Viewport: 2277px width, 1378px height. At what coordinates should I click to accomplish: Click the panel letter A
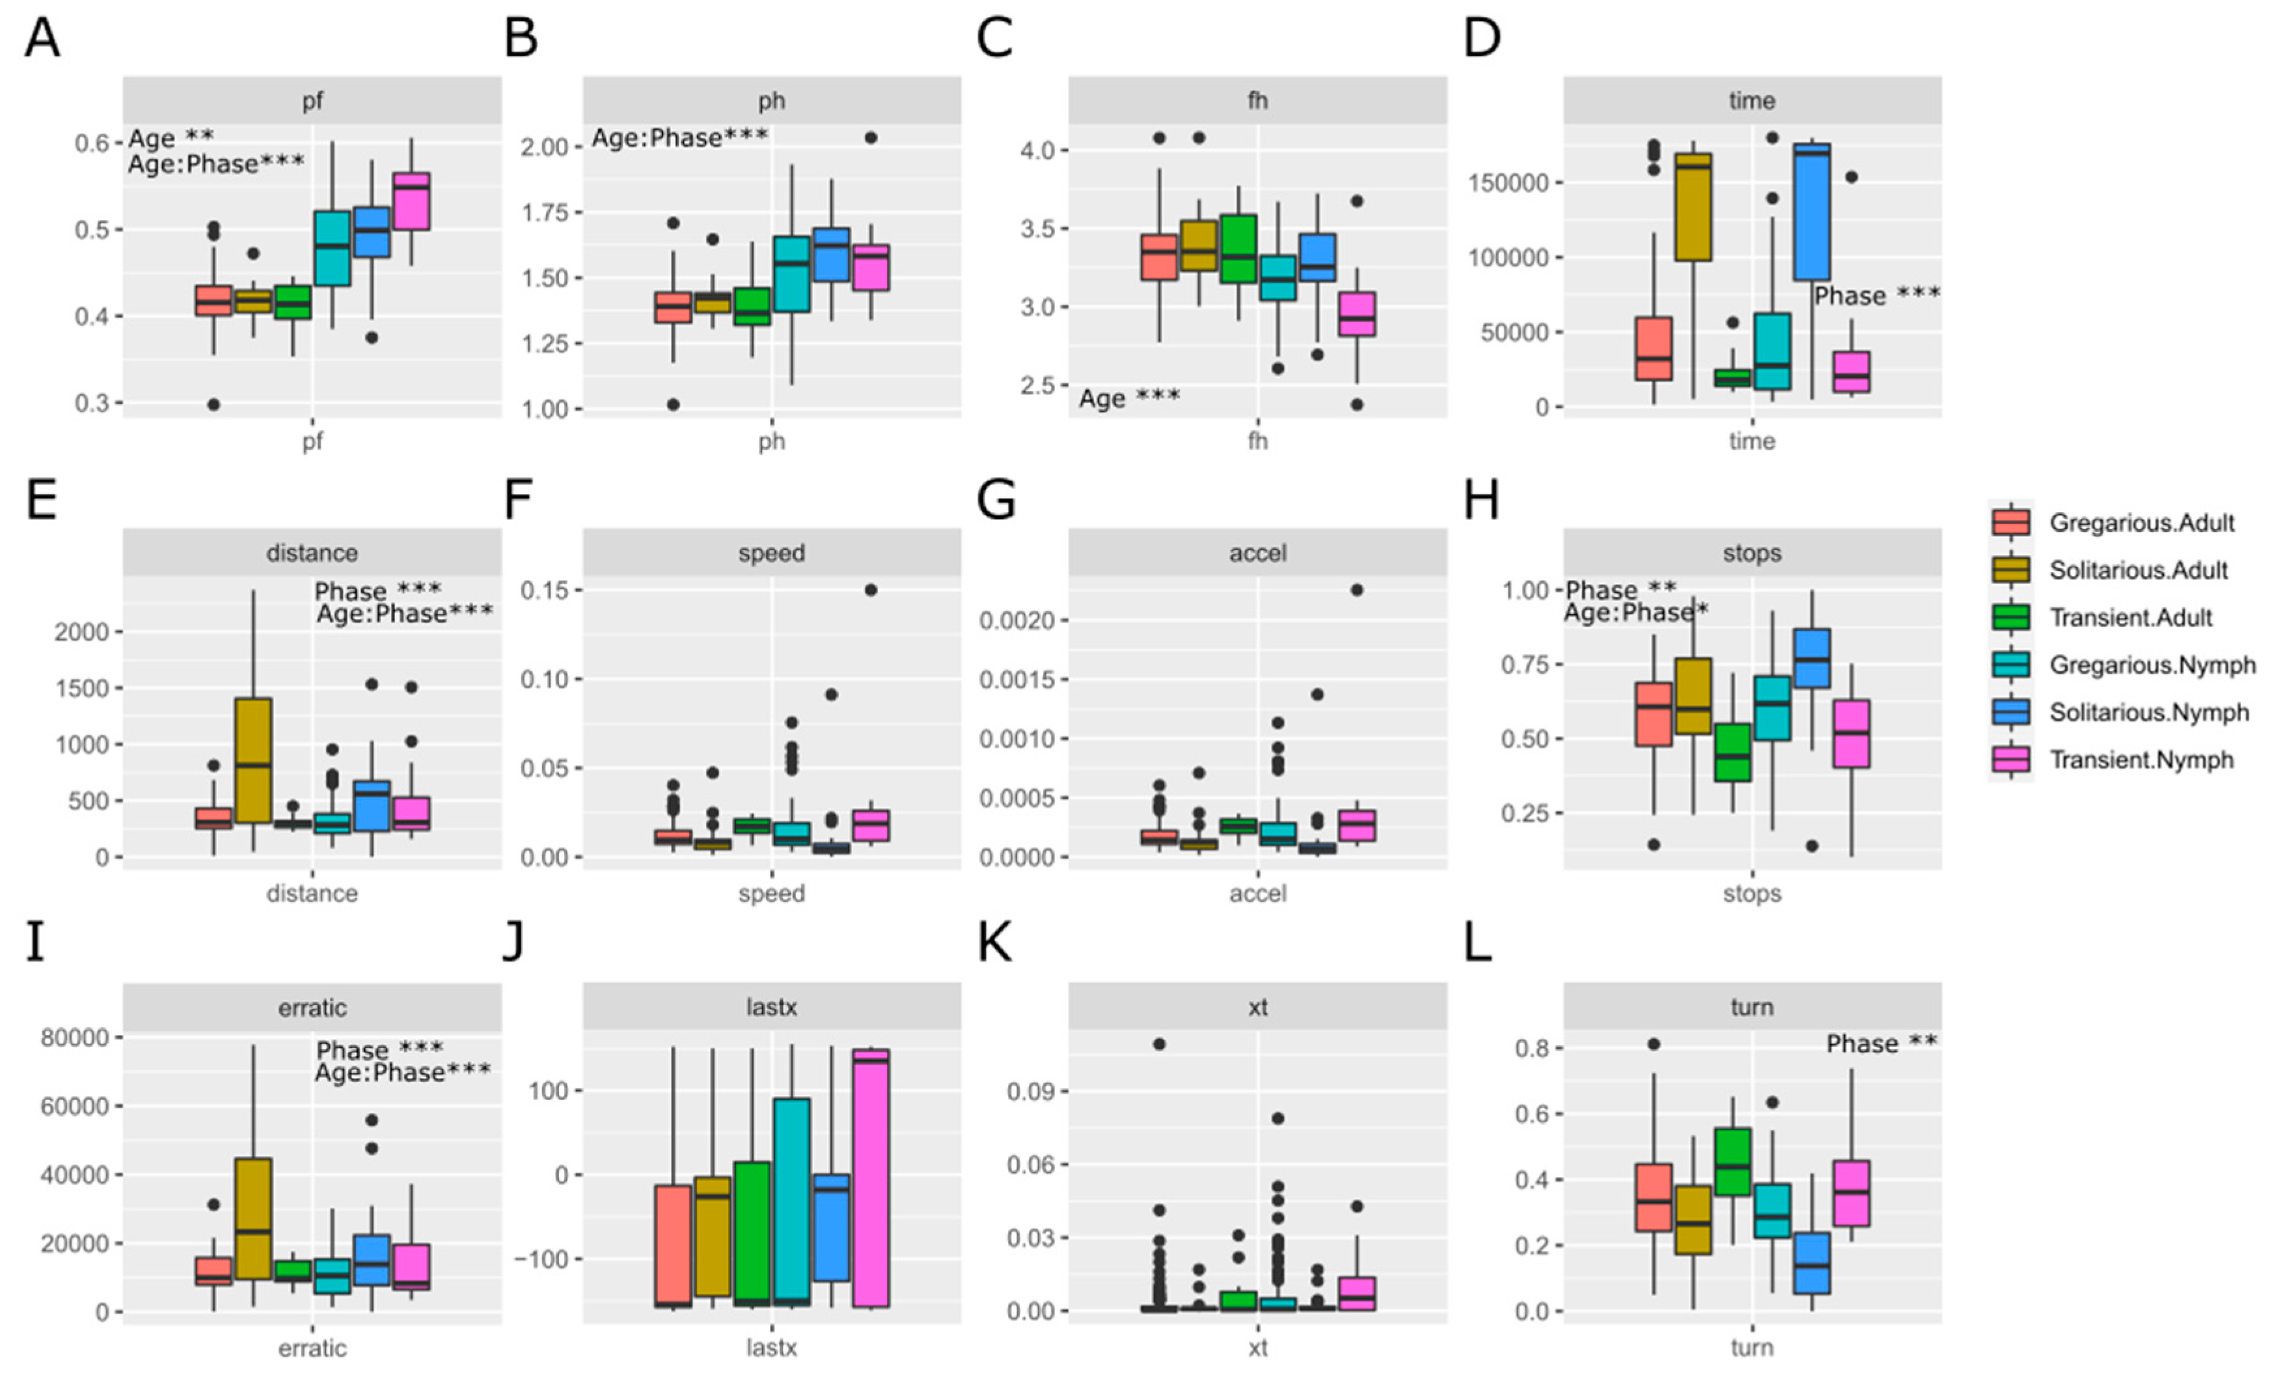point(42,40)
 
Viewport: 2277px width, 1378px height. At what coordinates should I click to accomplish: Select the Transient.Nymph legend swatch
point(2011,760)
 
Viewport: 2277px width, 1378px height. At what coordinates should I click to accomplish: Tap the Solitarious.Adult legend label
point(2138,570)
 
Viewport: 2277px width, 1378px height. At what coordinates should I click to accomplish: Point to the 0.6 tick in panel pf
point(92,143)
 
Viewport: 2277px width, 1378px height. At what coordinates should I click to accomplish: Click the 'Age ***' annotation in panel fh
point(1129,398)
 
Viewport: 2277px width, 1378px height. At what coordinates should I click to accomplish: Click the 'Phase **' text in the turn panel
point(1881,1044)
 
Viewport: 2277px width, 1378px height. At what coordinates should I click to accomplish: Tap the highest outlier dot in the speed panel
point(871,590)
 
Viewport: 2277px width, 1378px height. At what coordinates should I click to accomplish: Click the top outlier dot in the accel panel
point(1357,590)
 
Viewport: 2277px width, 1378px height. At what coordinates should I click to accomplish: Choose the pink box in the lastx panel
point(871,1178)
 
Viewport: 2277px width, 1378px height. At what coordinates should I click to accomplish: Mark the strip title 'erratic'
point(312,1008)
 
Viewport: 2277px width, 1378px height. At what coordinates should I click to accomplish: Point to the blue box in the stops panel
point(1812,659)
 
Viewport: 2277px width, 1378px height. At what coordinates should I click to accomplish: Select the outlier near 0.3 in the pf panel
point(213,404)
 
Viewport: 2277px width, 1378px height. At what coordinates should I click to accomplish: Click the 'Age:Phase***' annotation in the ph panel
point(679,139)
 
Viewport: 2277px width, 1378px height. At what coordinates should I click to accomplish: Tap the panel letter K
point(995,944)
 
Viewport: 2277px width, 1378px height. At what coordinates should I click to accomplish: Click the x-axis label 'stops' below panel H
point(1752,894)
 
